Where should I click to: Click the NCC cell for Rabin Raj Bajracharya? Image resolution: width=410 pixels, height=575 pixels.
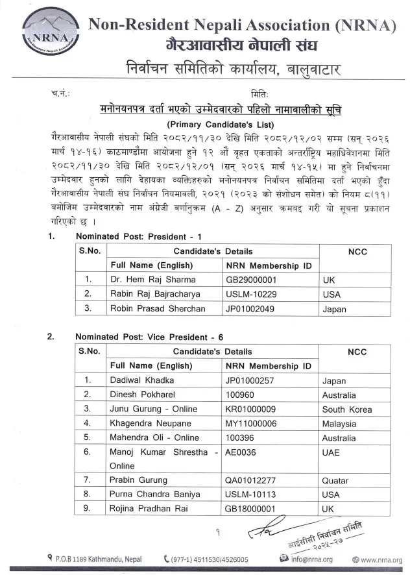point(332,295)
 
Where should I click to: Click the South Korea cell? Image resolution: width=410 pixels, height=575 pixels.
point(346,409)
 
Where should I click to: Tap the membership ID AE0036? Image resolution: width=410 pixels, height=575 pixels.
point(240,452)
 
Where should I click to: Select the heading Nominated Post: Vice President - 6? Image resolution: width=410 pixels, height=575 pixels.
point(149,337)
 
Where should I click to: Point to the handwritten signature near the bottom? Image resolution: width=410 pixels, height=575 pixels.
point(265,525)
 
